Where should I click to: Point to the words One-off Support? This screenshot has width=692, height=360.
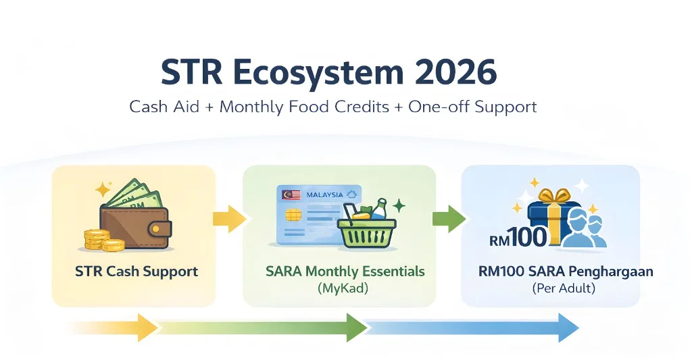coord(473,107)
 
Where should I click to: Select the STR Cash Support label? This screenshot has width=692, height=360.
coord(137,272)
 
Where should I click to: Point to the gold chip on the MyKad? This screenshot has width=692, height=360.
coord(295,215)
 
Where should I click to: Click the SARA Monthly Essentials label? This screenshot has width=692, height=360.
coord(345,272)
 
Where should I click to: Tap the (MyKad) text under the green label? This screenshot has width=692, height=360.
coord(345,288)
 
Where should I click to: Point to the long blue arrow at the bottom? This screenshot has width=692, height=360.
coord(473,328)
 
